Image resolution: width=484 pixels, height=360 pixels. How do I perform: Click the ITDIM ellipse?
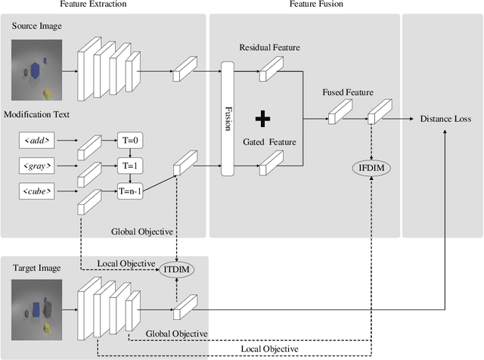[x=175, y=269]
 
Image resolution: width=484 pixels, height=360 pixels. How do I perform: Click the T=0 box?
[x=131, y=140]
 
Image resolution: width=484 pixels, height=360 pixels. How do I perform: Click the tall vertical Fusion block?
[x=227, y=119]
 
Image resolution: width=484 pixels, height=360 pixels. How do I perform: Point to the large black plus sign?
[x=262, y=118]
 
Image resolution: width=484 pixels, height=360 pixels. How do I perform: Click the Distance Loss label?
[x=446, y=119]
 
